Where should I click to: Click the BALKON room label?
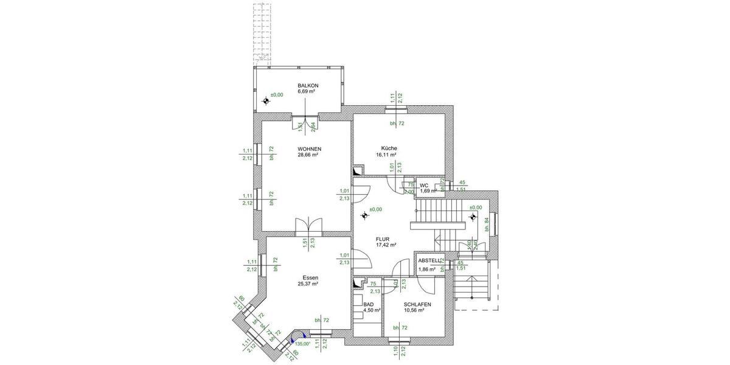click(x=308, y=85)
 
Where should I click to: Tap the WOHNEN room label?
click(x=309, y=149)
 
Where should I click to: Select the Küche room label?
click(x=389, y=148)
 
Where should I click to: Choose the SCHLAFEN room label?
click(x=417, y=304)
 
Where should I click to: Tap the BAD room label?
click(x=368, y=303)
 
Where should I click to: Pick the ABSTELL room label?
click(x=429, y=261)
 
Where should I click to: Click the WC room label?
click(x=424, y=185)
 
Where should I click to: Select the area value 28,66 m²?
click(x=309, y=156)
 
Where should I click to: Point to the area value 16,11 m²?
click(x=386, y=155)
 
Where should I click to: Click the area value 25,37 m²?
click(x=308, y=283)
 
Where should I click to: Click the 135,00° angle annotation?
click(x=303, y=344)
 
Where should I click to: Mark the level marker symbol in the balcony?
click(x=265, y=101)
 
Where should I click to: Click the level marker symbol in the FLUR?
click(x=365, y=214)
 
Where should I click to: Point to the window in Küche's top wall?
click(x=397, y=109)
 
